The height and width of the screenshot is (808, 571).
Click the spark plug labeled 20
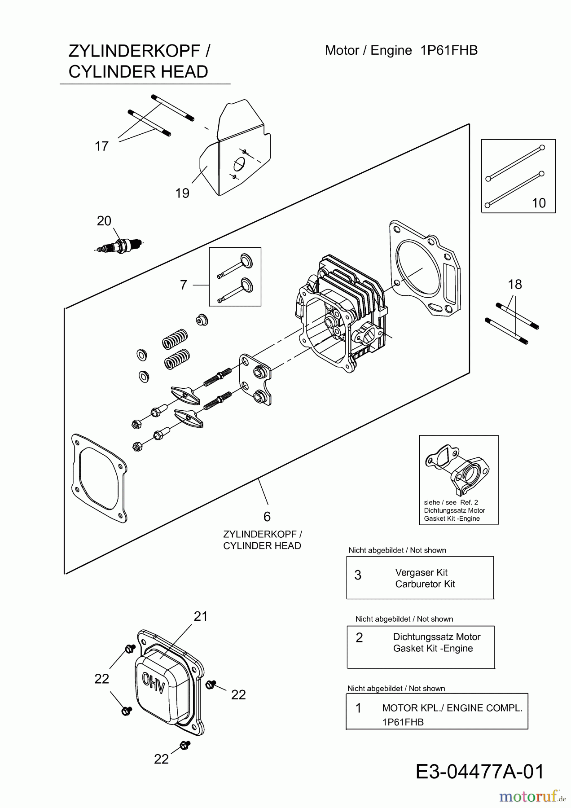tap(120, 246)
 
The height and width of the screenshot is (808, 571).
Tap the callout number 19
tap(182, 193)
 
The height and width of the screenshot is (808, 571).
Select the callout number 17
tap(101, 146)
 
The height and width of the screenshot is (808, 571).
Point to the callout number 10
tap(539, 203)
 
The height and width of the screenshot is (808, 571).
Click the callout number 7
tap(183, 285)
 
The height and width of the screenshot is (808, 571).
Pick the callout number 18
tap(515, 284)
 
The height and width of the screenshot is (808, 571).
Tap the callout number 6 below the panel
tap(267, 517)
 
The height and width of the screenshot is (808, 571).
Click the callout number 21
tap(201, 616)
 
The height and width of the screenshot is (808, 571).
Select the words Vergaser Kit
tap(421, 572)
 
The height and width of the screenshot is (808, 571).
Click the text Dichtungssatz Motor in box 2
tap(437, 637)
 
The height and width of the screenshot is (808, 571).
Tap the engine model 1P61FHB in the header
tap(449, 50)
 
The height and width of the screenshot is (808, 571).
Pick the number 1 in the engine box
tap(358, 708)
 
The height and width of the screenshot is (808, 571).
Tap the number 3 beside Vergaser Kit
tap(358, 575)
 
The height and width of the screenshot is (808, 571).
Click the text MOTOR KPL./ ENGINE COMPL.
tap(452, 708)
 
